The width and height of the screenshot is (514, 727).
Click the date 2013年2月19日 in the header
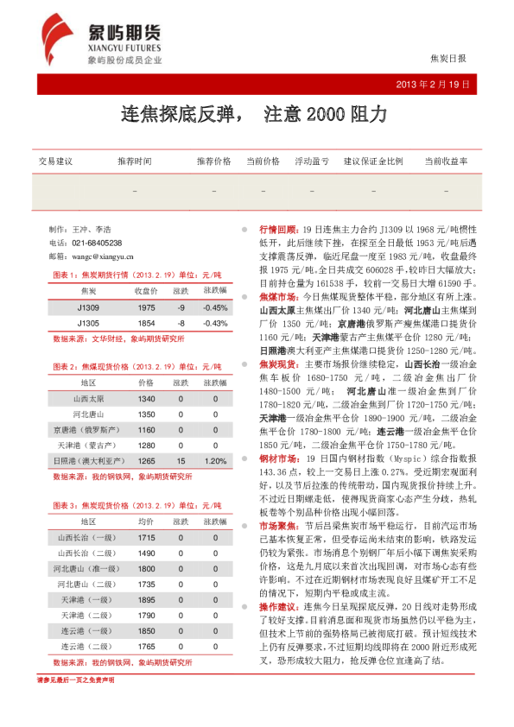pos(434,85)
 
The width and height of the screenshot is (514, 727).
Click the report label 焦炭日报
pos(447,59)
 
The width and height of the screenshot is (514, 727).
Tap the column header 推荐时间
pos(135,161)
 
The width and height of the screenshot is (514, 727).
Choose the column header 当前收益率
pos(446,161)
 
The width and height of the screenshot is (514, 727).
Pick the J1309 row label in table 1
pos(88,308)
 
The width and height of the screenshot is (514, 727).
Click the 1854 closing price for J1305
pos(146,323)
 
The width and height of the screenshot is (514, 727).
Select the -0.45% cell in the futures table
pos(215,308)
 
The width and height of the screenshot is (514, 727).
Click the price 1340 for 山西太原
pos(146,399)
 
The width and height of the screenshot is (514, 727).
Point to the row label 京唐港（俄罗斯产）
pos(88,430)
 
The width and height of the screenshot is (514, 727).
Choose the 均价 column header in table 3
pos(146,522)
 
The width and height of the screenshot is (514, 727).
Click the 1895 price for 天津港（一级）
pos(146,600)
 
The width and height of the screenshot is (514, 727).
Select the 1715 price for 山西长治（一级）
pos(146,538)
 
